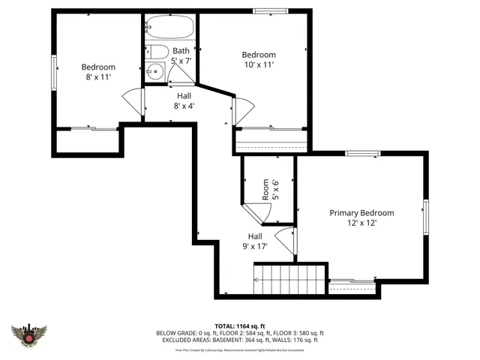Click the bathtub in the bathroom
[169, 28]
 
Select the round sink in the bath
[155, 73]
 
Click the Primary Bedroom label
[361, 213]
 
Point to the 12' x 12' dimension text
[361, 223]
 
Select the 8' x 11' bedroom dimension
[98, 76]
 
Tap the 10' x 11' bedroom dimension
[258, 64]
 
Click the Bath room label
[181, 50]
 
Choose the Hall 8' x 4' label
[184, 100]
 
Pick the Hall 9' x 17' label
[256, 240]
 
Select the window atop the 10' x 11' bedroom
[265, 10]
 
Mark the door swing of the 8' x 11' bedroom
[133, 101]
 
